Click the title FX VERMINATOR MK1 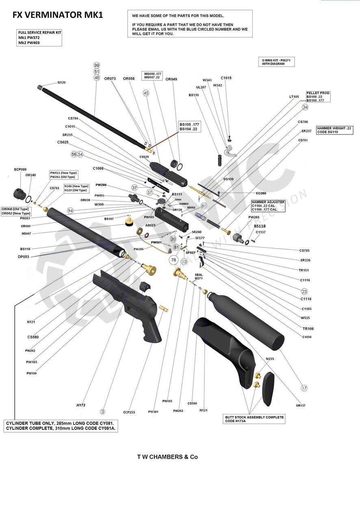58,15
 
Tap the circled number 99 97,65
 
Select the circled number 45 146,93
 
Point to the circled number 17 304,388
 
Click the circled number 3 103,412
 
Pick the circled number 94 70,211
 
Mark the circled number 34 305,107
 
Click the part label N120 61,82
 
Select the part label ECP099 20,169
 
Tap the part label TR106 308,329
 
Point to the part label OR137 301,405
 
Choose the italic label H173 81,405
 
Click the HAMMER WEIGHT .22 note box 334,130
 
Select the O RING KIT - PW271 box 276,62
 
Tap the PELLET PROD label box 318,97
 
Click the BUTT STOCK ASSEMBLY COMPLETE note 255,419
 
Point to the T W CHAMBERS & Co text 167,457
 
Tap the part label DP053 23,257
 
